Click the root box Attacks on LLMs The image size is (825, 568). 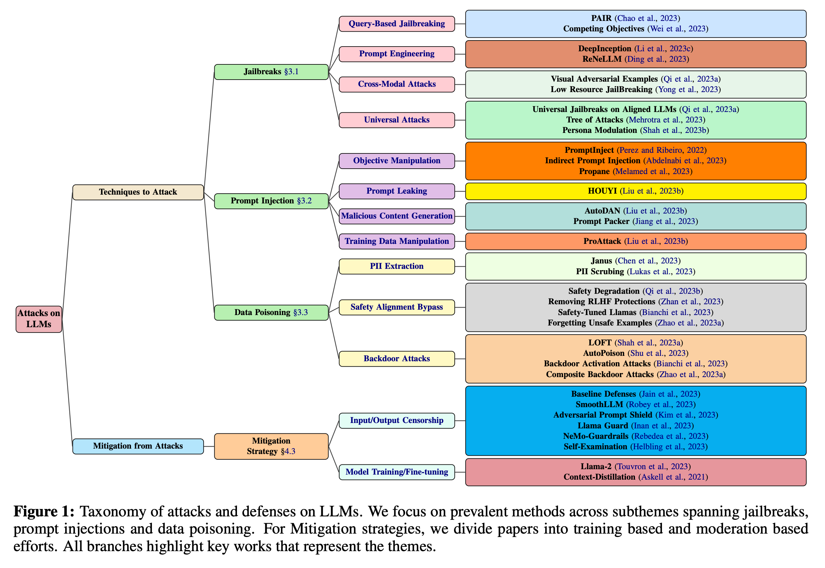tap(39, 319)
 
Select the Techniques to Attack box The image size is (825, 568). tap(138, 192)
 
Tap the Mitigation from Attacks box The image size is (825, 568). tap(138, 446)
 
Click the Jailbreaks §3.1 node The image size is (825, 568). tap(271, 72)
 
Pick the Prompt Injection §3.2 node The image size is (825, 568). tap(271, 201)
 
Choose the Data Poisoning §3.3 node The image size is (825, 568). tap(271, 312)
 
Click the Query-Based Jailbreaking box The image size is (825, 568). tap(397, 24)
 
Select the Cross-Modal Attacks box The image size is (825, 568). tap(397, 84)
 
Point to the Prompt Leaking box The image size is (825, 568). tap(397, 191)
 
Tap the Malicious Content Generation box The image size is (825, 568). tap(397, 216)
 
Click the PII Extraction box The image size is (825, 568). tap(397, 266)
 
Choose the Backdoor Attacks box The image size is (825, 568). tap(397, 359)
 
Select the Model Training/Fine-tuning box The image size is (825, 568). tap(397, 472)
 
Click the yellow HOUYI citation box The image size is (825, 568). tap(636, 191)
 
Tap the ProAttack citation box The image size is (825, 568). tap(636, 241)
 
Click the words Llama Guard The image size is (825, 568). tap(603, 426)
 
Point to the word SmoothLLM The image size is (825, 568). tap(599, 405)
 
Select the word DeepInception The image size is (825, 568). tap(605, 49)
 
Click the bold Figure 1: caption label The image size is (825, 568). tap(44, 512)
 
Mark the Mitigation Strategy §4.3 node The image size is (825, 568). tap(271, 446)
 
